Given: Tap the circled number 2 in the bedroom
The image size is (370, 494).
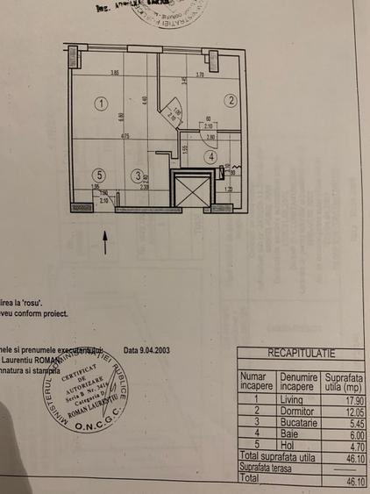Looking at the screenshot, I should pos(231,101).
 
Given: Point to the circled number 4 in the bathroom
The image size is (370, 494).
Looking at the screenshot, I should pos(210,157).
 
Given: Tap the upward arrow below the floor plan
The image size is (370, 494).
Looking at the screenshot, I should pos(106,241).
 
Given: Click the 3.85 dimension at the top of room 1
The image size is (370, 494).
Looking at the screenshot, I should pos(114,73).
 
